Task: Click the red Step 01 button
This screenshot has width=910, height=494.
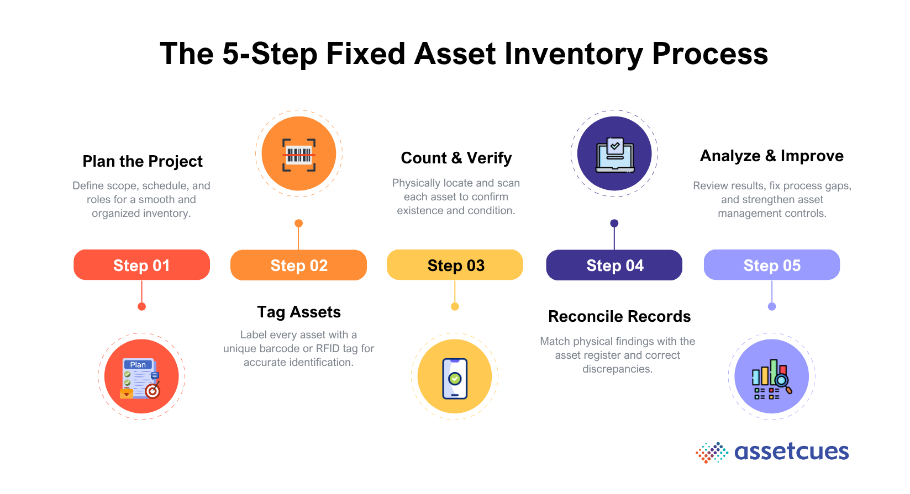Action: tap(141, 265)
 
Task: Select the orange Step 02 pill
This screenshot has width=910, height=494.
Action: tap(298, 265)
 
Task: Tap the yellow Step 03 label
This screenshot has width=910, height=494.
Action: tap(455, 265)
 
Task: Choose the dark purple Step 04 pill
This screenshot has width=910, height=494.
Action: tap(614, 265)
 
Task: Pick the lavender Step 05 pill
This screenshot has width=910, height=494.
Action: tap(771, 265)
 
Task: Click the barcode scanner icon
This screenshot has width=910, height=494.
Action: tap(299, 154)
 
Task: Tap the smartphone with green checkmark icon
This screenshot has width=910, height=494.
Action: tap(455, 378)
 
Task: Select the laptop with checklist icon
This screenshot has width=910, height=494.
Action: tap(614, 154)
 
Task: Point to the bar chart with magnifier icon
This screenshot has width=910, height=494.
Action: tap(771, 378)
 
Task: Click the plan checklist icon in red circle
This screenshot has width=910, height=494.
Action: tap(141, 378)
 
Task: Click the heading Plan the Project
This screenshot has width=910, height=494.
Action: tap(143, 161)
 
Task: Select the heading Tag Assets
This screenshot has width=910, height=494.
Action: tap(299, 312)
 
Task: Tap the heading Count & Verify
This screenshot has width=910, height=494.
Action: tap(456, 158)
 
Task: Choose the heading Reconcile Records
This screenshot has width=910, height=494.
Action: tap(619, 316)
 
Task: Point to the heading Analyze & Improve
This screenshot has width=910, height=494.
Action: tap(771, 156)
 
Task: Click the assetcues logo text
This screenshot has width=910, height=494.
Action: tap(791, 451)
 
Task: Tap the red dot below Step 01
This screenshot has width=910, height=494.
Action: tap(142, 306)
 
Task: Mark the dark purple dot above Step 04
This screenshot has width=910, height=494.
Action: tap(614, 224)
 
